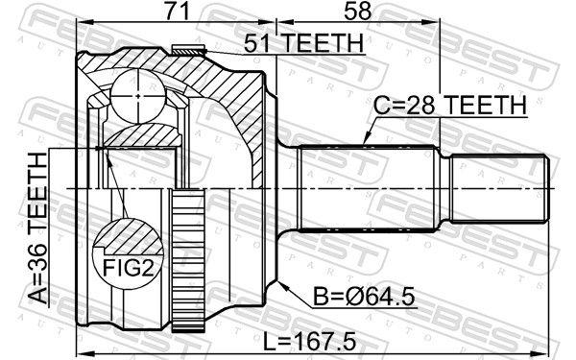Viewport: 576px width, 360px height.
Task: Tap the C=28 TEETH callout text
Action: [x=448, y=105]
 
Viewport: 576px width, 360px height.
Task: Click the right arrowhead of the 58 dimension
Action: [x=437, y=26]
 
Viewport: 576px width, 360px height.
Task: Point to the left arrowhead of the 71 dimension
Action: [x=80, y=26]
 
